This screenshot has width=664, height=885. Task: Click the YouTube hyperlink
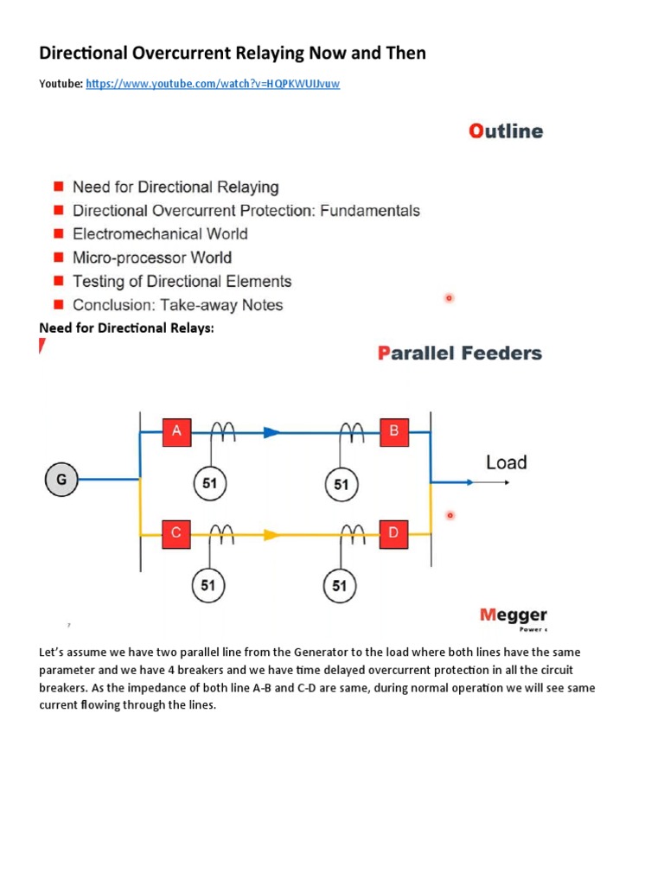tap(213, 84)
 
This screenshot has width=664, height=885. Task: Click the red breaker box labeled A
tap(176, 431)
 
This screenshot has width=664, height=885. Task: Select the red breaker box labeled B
tap(393, 431)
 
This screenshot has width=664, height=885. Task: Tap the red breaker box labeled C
tap(176, 533)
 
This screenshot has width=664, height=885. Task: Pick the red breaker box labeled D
tap(393, 533)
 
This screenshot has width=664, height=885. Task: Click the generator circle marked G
tap(61, 479)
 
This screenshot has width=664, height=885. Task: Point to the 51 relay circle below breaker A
tap(209, 484)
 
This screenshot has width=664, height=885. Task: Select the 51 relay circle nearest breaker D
tap(340, 586)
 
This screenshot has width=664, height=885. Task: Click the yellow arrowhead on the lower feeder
tap(271, 535)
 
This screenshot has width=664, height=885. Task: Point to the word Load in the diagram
tap(506, 462)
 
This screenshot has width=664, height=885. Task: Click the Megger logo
tap(514, 615)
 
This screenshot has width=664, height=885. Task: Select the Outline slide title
tap(506, 131)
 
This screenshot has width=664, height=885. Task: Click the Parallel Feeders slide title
tap(460, 353)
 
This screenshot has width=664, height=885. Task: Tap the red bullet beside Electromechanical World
tap(59, 233)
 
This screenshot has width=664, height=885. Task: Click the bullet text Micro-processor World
tap(152, 258)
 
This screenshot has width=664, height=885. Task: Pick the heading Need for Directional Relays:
tap(126, 328)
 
